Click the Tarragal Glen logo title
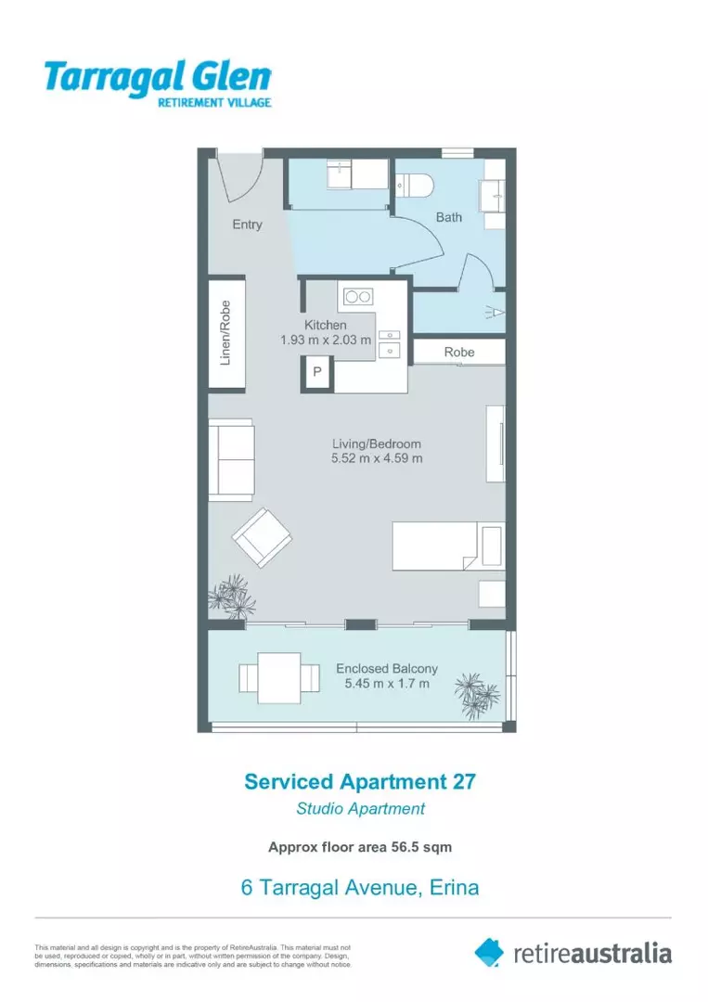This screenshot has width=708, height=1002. pyautogui.click(x=157, y=77)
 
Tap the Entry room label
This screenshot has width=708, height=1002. pyautogui.click(x=247, y=224)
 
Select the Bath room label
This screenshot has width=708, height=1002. pyautogui.click(x=449, y=217)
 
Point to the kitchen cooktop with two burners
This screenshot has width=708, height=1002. pyautogui.click(x=358, y=297)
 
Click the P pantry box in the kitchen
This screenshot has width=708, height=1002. pyautogui.click(x=316, y=372)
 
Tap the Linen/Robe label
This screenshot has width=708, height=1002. pyautogui.click(x=225, y=331)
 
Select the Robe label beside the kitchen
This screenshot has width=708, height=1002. pyautogui.click(x=458, y=353)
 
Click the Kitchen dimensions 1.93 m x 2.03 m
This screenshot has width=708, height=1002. pyautogui.click(x=326, y=340)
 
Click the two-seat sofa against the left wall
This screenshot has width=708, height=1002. pyautogui.click(x=231, y=459)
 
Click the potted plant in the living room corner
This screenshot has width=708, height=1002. pyautogui.click(x=232, y=596)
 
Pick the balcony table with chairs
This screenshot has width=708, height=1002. pyautogui.click(x=270, y=678)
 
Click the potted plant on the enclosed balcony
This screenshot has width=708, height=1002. pyautogui.click(x=477, y=692)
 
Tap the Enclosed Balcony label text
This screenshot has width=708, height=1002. pyautogui.click(x=386, y=668)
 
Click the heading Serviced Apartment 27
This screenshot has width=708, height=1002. pyautogui.click(x=360, y=781)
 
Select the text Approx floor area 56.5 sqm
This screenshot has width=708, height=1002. pyautogui.click(x=360, y=846)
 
